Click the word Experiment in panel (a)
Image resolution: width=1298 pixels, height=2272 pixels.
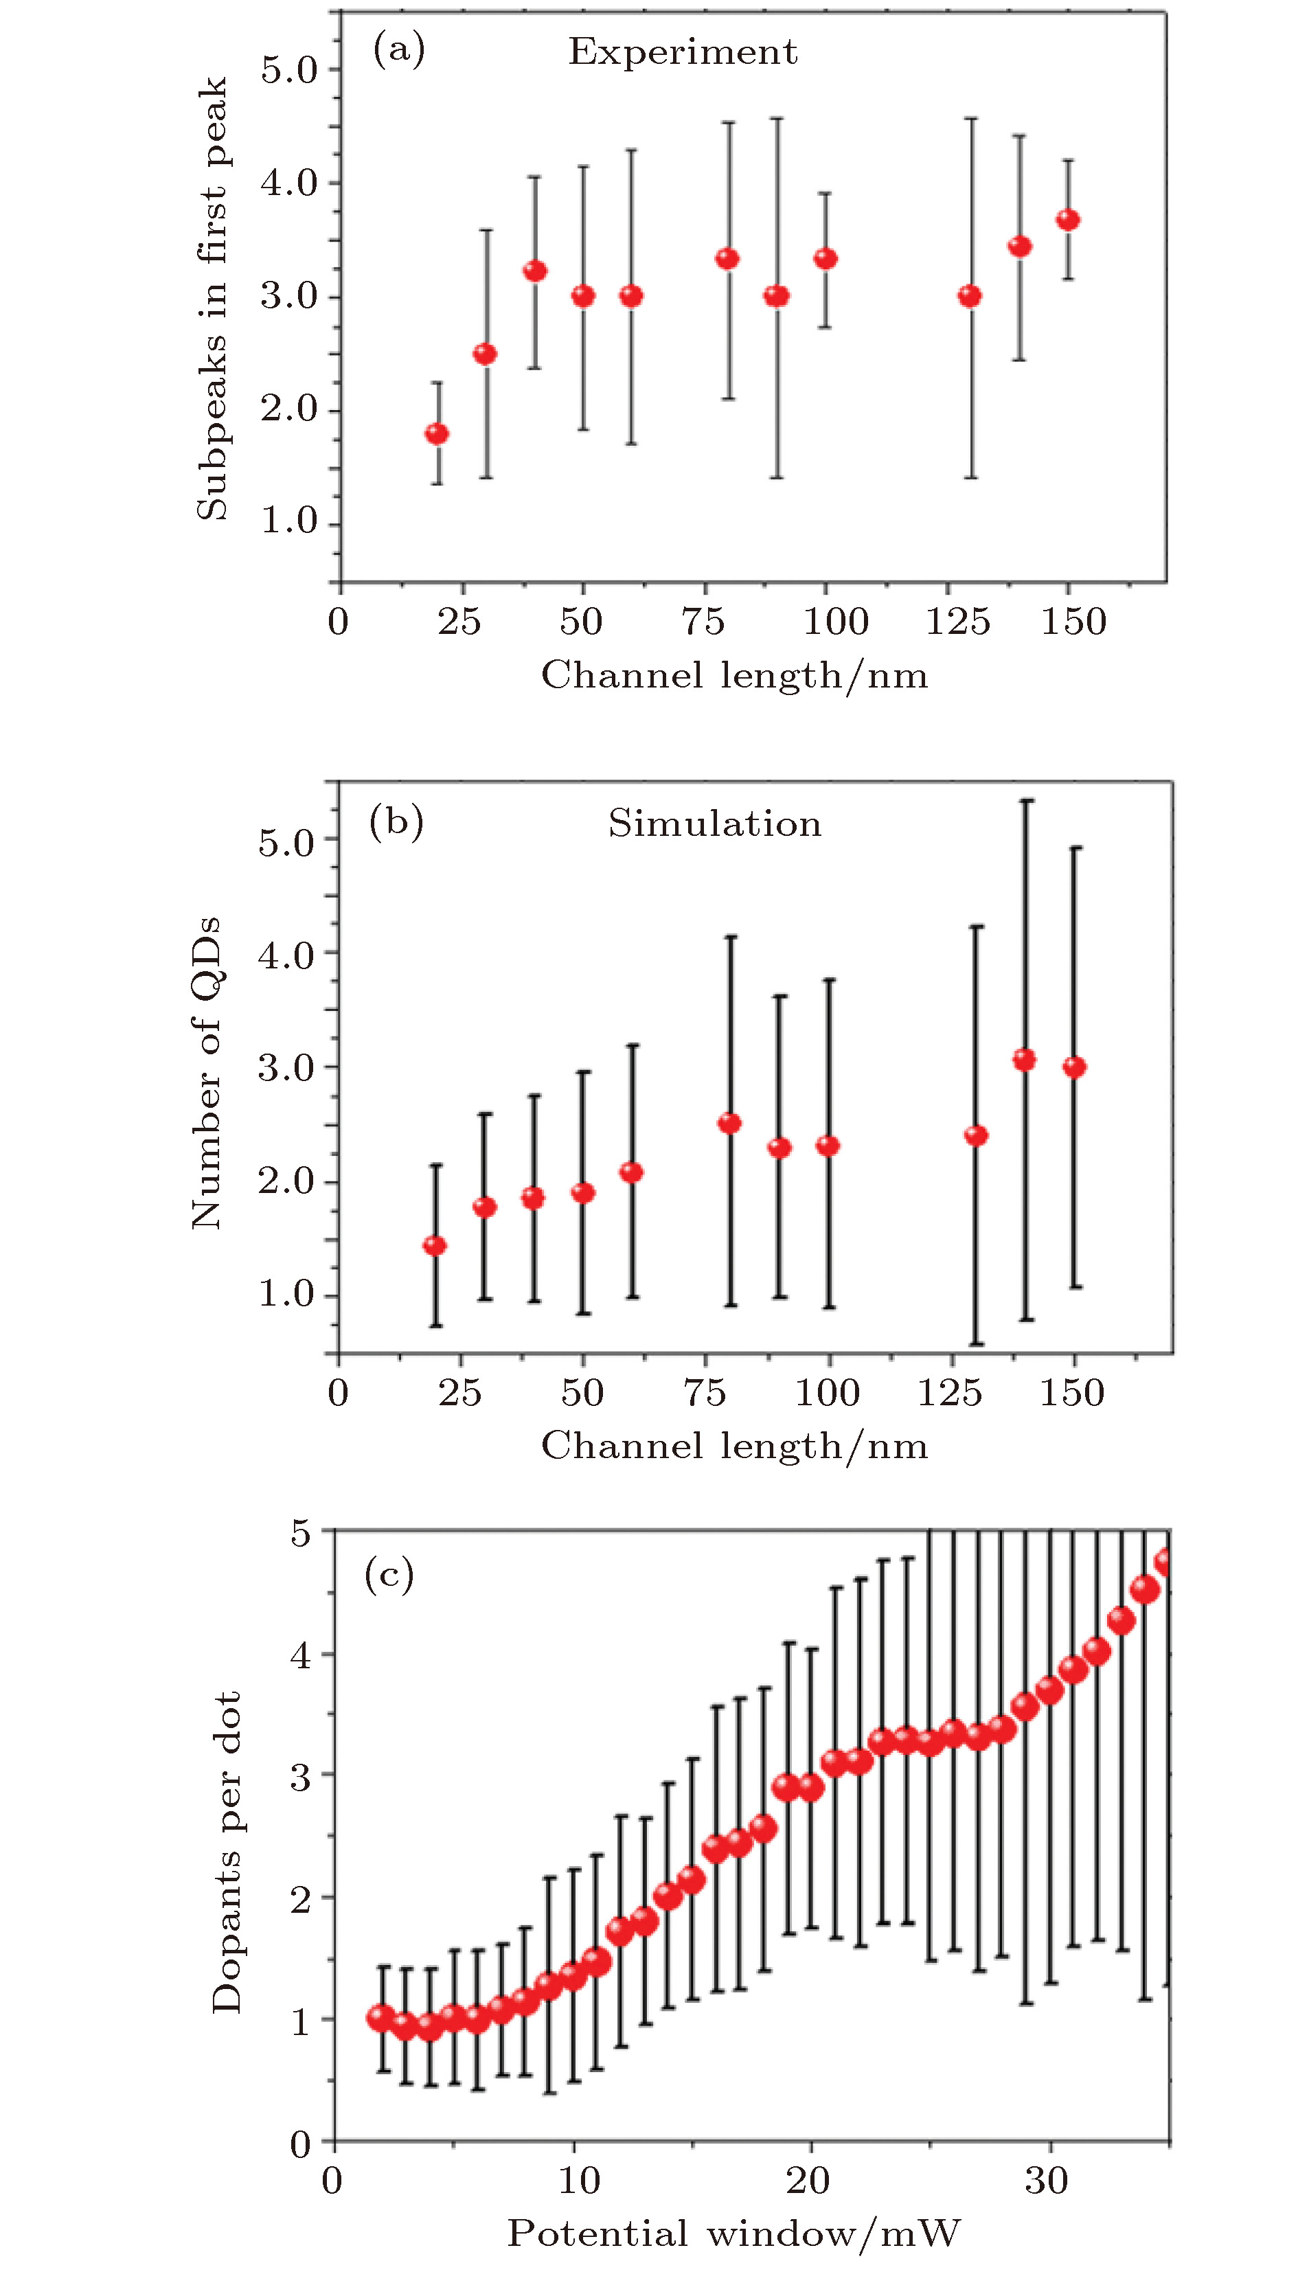click(x=683, y=53)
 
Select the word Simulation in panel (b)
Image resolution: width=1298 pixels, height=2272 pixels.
click(x=714, y=823)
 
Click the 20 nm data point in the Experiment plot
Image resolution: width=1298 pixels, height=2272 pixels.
click(x=437, y=434)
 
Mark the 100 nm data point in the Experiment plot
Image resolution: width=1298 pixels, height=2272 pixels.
click(x=826, y=258)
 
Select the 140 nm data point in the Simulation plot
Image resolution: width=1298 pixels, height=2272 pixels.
click(x=1024, y=1060)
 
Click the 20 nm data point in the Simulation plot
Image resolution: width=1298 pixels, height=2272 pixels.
click(x=435, y=1245)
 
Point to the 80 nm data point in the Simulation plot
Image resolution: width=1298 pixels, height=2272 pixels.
click(x=729, y=1123)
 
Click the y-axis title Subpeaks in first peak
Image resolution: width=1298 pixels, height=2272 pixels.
click(x=212, y=299)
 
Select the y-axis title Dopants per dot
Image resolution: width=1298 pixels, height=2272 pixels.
click(x=227, y=1854)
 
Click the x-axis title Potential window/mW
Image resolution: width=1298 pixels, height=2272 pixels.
click(x=733, y=2234)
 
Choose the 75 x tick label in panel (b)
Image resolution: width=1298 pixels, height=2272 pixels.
click(x=704, y=1393)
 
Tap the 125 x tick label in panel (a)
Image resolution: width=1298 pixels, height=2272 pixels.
click(x=958, y=622)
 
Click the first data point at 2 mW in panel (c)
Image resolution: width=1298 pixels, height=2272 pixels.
click(x=382, y=2018)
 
